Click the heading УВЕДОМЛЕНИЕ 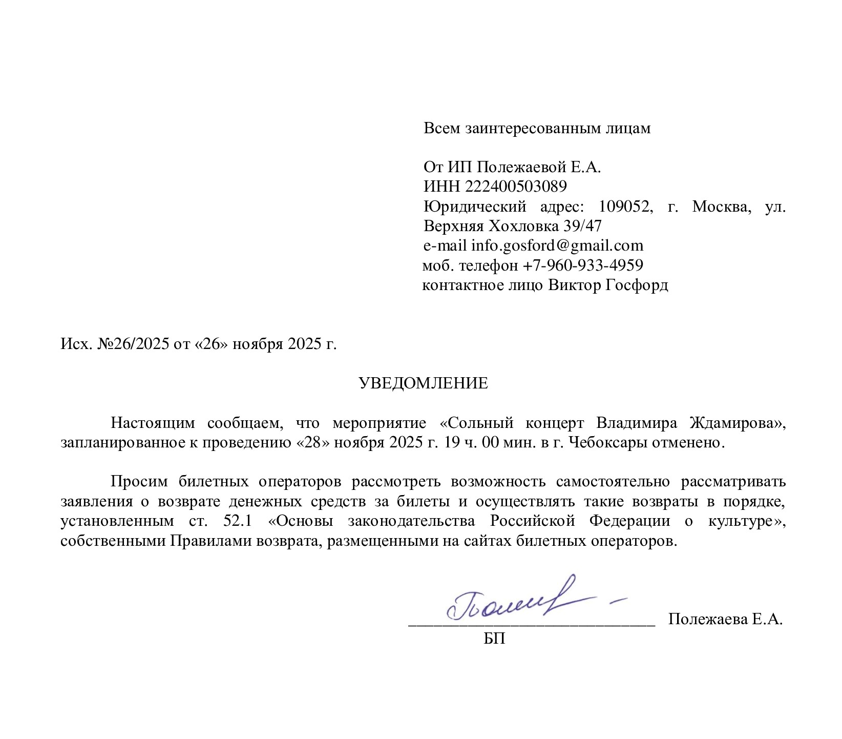tap(423, 383)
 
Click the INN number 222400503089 tap(516, 186)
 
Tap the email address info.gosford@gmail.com tap(557, 245)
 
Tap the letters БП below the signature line tap(494, 639)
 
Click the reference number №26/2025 tap(136, 344)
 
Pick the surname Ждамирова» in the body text tap(738, 423)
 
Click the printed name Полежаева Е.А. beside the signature tap(725, 620)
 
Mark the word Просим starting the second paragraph tap(139, 482)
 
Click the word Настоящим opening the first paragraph tap(153, 423)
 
